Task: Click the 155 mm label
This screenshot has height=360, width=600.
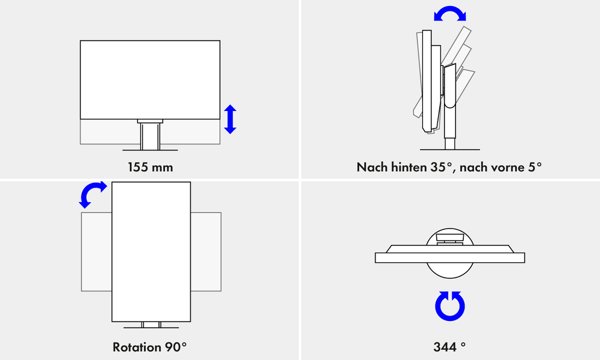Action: point(150,167)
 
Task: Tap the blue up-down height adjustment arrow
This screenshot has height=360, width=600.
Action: point(230,119)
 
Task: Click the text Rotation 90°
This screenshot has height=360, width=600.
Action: point(149,347)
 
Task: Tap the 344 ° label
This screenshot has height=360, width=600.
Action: point(449,347)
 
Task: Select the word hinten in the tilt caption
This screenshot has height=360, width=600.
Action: point(407,167)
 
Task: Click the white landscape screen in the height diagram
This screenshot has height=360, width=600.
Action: point(150,80)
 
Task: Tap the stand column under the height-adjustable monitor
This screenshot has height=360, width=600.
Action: point(150,136)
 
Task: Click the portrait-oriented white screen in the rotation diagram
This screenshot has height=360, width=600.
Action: point(151,252)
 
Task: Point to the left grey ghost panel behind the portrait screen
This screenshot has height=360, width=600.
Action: point(97,252)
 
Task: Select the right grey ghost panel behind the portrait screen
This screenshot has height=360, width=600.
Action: point(206,252)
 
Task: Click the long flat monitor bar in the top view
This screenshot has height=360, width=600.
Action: point(449,257)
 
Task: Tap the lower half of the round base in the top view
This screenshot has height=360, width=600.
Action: point(449,271)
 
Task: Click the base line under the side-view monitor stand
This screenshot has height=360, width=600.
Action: point(449,149)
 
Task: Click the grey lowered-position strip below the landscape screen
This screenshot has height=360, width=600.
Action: point(150,132)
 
